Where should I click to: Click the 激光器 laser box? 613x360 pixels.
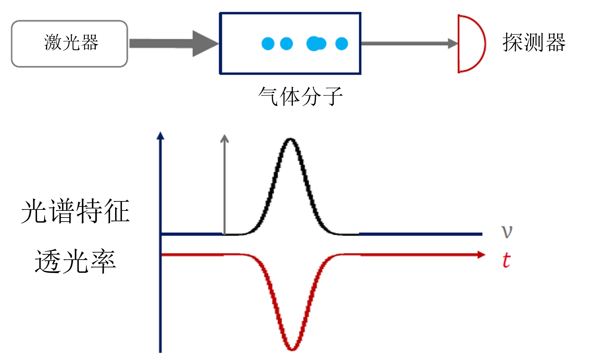69,44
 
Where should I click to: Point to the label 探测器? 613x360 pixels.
534,43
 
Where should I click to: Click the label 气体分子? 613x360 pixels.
300,96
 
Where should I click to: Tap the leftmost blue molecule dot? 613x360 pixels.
268,44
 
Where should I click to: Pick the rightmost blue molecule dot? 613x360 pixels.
341,44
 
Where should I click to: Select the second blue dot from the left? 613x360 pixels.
286,44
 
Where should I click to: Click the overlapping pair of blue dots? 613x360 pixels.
316,44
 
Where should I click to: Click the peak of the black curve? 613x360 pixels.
290,139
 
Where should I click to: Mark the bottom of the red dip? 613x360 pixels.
292,349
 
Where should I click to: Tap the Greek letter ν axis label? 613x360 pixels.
507,231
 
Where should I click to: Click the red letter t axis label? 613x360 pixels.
506,260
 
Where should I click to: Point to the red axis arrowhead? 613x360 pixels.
481,255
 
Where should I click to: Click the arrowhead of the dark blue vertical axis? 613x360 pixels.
161,136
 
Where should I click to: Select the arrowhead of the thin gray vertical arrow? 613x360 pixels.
225,138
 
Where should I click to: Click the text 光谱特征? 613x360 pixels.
75,211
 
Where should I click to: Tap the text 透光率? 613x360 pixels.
75,261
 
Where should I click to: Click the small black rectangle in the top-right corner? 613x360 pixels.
590,11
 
